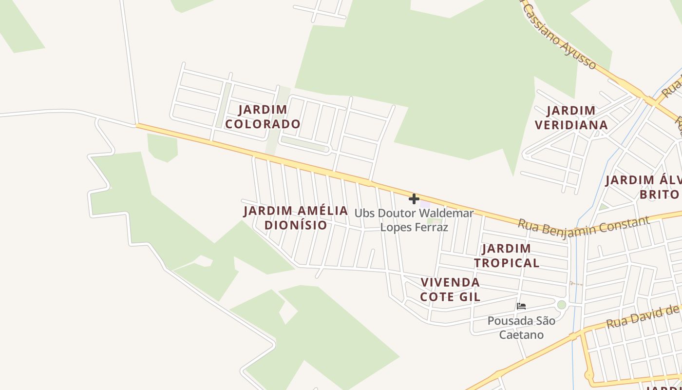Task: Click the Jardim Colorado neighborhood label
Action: [263, 117]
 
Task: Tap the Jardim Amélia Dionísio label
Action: [296, 218]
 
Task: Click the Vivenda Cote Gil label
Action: [450, 290]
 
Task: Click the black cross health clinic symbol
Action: [414, 199]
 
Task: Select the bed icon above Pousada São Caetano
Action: [521, 306]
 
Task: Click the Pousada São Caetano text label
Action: [521, 328]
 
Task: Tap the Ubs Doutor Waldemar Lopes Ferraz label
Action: [414, 220]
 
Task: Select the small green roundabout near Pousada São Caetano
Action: [562, 305]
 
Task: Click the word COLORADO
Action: [263, 124]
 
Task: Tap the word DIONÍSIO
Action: [296, 225]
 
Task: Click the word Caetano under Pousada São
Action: [521, 335]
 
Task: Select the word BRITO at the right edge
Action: [659, 195]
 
